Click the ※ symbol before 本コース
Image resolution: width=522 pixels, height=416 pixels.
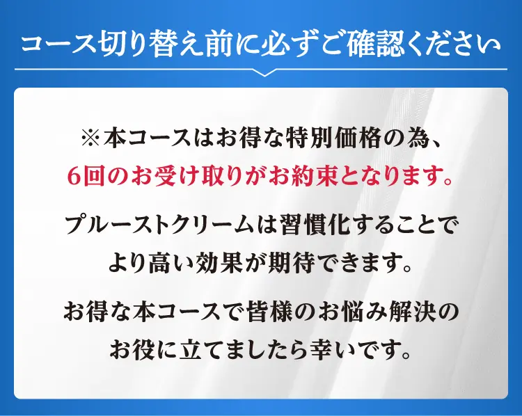click(90, 138)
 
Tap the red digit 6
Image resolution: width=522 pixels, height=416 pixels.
click(74, 177)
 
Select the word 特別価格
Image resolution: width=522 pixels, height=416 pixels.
click(333, 138)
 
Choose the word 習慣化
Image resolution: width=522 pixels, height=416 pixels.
click(315, 225)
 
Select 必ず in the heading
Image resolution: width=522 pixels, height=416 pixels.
click(278, 45)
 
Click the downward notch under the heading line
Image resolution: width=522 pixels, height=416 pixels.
click(264, 73)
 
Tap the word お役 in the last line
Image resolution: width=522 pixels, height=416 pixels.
click(133, 351)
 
